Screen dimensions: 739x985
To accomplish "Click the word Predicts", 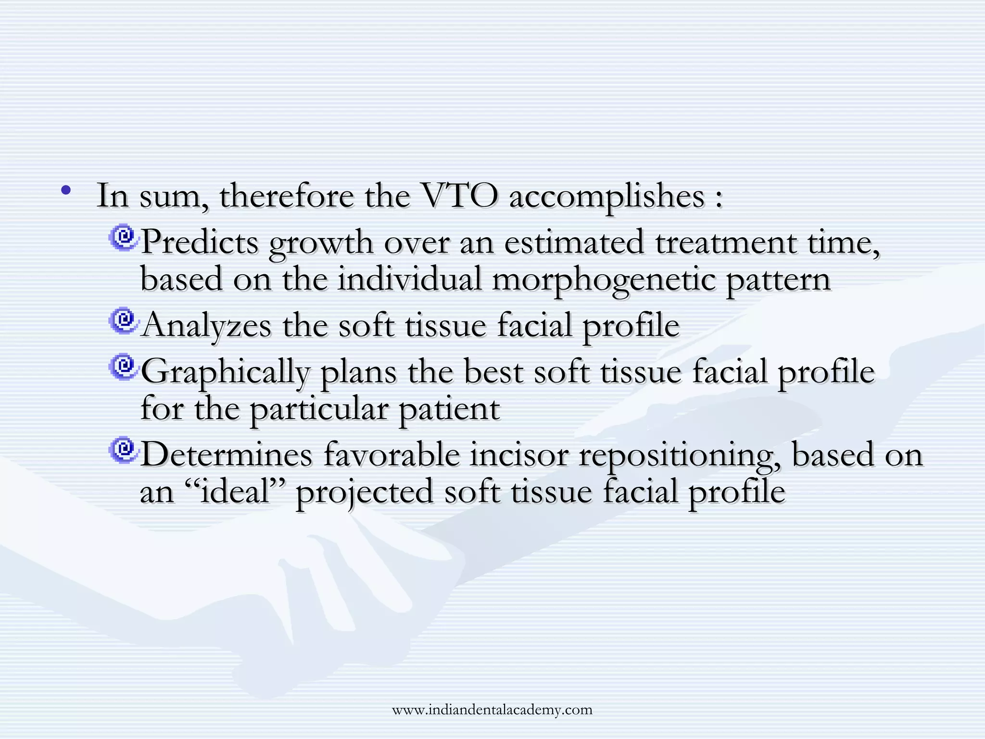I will tap(200, 242).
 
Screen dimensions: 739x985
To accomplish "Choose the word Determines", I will tap(226, 455).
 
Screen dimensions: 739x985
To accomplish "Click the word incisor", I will tap(519, 455).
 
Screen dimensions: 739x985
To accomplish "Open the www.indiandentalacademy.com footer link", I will tap(492, 710).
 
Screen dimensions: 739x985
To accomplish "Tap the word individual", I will tap(409, 279).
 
